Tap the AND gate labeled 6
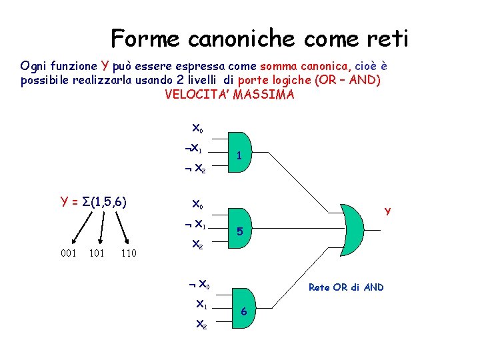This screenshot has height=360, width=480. pos(243,309)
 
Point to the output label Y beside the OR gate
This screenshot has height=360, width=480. pos(387,213)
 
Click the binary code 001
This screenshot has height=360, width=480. pos(68,253)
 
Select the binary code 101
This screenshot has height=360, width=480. pos(97,253)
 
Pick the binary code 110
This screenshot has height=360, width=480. pos(129,253)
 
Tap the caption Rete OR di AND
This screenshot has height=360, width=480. pos(345,287)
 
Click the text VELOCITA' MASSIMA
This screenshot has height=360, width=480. pos(229,94)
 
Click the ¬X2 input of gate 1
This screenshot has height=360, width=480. pos(196,169)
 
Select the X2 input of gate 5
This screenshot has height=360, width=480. pos(198,245)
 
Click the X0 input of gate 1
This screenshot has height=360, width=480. pos(198,127)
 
